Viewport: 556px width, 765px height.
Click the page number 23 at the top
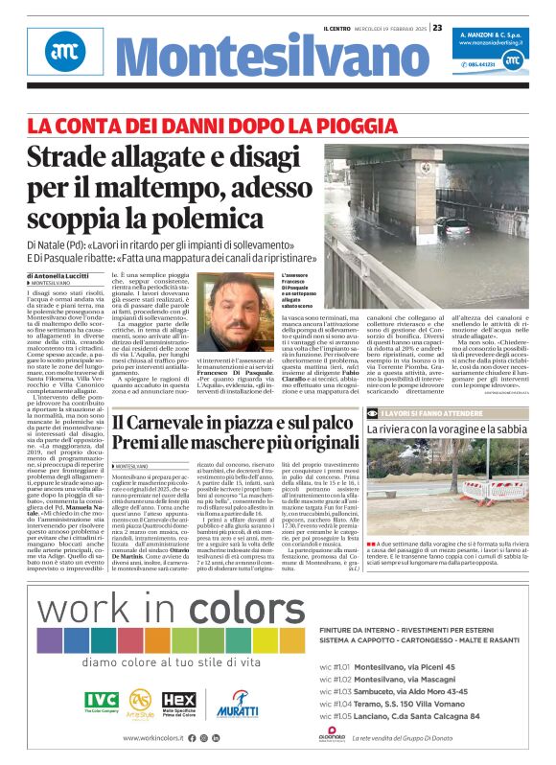437,28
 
